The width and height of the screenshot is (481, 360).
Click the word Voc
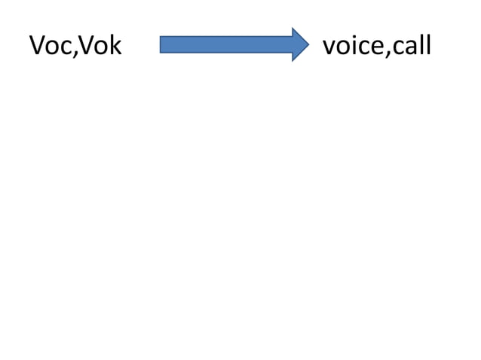click(x=49, y=47)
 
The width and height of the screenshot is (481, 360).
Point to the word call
click(x=412, y=47)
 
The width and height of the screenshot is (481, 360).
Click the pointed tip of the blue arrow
click(x=308, y=44)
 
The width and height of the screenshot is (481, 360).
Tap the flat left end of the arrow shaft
click(x=161, y=44)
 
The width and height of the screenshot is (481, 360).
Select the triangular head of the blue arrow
click(x=299, y=44)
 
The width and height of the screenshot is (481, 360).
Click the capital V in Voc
click(x=37, y=47)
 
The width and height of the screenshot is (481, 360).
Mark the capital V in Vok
click(x=85, y=47)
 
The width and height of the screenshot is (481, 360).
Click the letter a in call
click(x=409, y=49)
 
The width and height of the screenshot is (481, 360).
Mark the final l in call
click(x=427, y=46)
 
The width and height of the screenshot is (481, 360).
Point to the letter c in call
click(x=397, y=49)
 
